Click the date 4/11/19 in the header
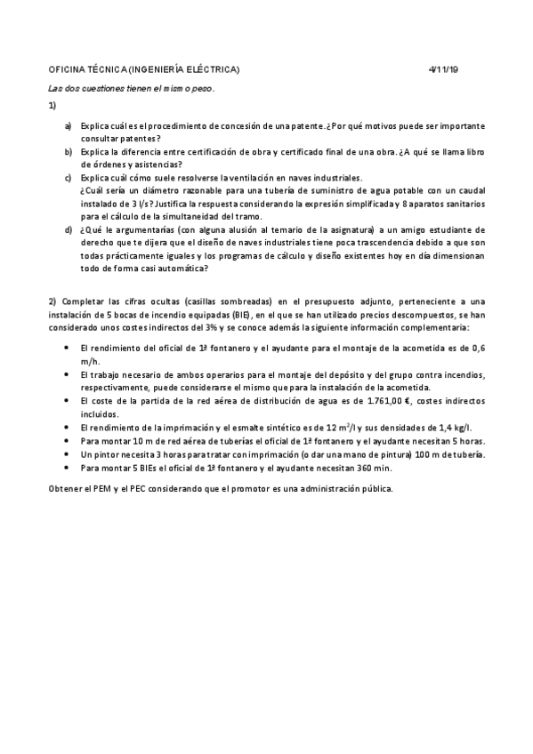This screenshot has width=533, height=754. (442, 69)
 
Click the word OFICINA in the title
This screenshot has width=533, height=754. (67, 69)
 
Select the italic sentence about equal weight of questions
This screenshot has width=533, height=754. (132, 88)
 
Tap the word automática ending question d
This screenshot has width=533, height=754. (182, 268)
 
